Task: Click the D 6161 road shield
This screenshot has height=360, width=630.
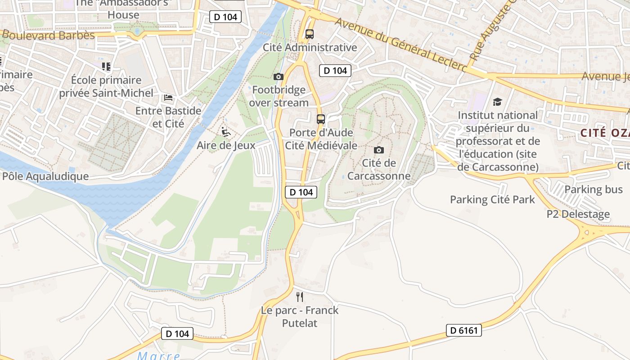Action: (x=464, y=330)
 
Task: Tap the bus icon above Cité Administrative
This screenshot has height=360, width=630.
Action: (x=309, y=34)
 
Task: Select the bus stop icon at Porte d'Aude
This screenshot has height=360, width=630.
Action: (x=320, y=119)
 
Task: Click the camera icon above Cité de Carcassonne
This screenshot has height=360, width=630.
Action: (x=379, y=150)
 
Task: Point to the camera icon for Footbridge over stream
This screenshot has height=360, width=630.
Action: (x=279, y=77)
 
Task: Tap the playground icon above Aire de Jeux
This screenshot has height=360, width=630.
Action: (x=226, y=131)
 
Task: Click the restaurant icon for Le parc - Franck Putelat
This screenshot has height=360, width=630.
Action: (x=300, y=297)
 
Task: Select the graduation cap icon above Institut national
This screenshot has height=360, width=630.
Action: (x=497, y=102)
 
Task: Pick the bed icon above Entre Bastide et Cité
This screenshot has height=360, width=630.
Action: (x=168, y=97)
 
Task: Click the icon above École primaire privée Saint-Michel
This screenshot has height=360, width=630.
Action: (x=106, y=67)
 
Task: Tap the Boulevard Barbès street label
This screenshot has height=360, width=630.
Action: (x=48, y=35)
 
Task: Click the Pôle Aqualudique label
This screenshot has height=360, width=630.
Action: (x=45, y=176)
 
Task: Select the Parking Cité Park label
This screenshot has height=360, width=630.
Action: (x=492, y=199)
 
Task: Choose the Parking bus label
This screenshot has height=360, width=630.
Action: (x=594, y=189)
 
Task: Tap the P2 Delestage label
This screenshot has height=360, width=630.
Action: (x=578, y=214)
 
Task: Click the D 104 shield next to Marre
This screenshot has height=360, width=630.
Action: (x=177, y=333)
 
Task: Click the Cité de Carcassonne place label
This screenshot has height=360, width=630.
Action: (x=379, y=169)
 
